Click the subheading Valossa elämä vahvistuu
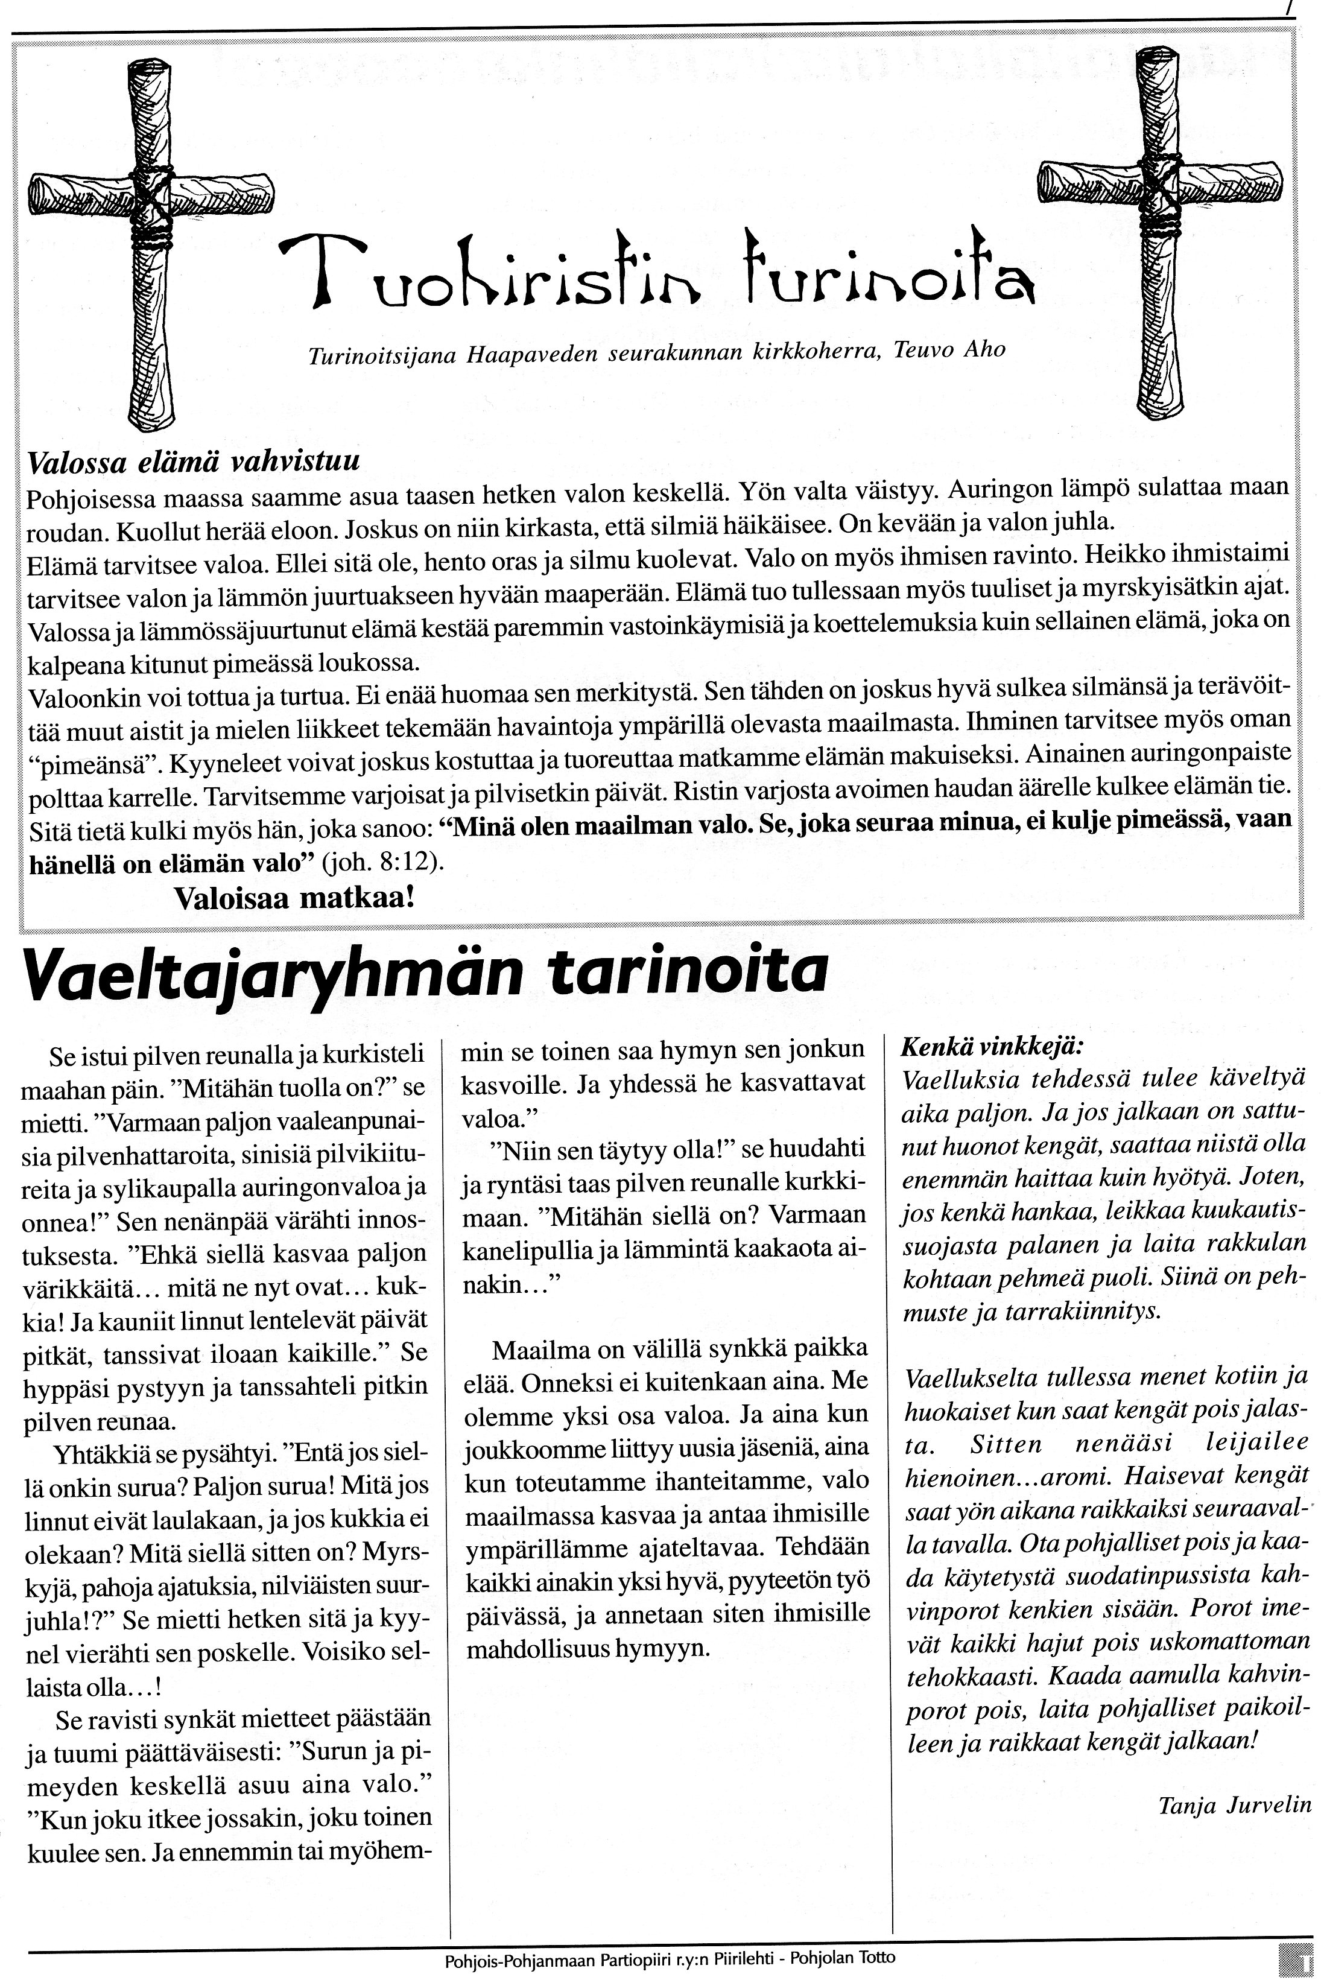point(193,462)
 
